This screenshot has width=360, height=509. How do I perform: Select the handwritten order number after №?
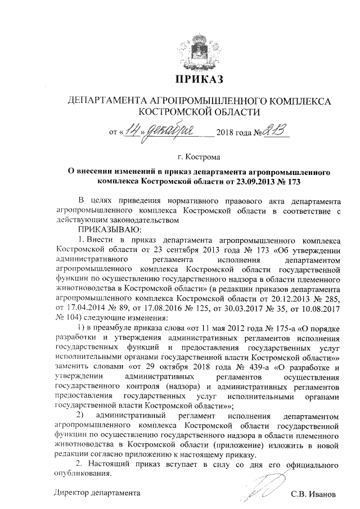(x=276, y=131)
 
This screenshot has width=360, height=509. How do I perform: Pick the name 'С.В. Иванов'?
(x=313, y=495)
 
